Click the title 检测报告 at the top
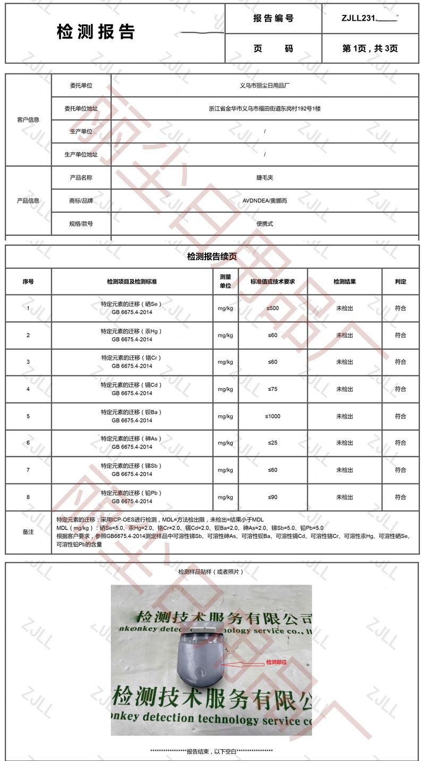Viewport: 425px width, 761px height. point(96,32)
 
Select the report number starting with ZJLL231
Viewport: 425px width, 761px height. point(370,18)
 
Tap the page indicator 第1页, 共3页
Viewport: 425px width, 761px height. point(370,48)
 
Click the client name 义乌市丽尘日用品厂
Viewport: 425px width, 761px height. point(265,85)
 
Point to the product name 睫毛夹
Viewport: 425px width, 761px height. point(265,177)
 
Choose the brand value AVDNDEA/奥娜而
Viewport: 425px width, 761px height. point(265,201)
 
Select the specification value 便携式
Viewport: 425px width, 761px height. point(265,224)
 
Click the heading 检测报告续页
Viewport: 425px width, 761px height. point(212,256)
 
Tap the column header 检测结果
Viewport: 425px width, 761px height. point(344,281)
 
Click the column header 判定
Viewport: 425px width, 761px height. point(401,281)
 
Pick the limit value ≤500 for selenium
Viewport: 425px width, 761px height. point(273,308)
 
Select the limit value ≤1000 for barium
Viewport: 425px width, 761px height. point(273,416)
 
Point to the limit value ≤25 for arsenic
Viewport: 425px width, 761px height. point(273,443)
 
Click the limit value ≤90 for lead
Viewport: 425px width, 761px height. point(273,497)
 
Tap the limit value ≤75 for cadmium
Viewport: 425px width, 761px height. point(273,389)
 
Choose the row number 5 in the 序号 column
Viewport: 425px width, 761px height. point(28,416)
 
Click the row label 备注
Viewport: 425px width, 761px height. point(28,532)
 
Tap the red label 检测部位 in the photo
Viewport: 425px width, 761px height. point(276,662)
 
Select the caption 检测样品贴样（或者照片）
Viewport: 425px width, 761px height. point(211,572)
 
